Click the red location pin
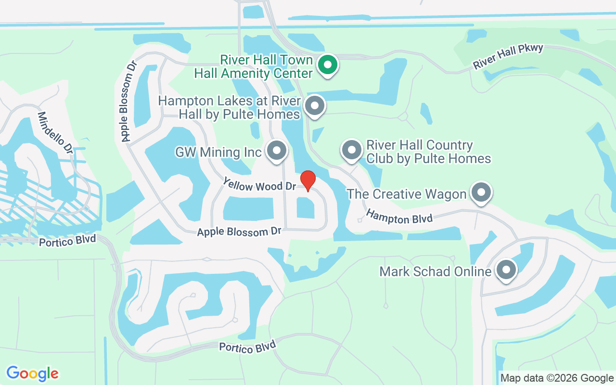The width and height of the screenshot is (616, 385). pyautogui.click(x=308, y=180)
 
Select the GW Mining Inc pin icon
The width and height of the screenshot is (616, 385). pyautogui.click(x=277, y=150)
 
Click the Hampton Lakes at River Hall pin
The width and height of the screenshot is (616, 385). pyautogui.click(x=315, y=104)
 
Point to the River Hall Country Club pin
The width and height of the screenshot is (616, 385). pyautogui.click(x=352, y=150)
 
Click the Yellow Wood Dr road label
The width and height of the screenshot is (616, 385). pyautogui.click(x=259, y=184)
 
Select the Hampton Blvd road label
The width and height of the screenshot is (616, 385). pyautogui.click(x=399, y=216)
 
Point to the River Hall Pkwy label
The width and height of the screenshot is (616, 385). pyautogui.click(x=508, y=56)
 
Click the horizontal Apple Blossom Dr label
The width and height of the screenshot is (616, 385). pyautogui.click(x=239, y=232)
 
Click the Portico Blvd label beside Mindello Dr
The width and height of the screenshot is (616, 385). pyautogui.click(x=67, y=240)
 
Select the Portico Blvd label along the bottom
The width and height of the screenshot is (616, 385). pyautogui.click(x=247, y=346)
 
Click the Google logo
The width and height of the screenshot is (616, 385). pyautogui.click(x=33, y=373)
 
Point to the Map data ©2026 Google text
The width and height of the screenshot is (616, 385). pyautogui.click(x=557, y=378)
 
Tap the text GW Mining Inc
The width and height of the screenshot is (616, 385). pyautogui.click(x=218, y=153)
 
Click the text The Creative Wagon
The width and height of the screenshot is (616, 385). pyautogui.click(x=407, y=194)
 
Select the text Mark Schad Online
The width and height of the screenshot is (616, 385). pyautogui.click(x=435, y=271)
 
